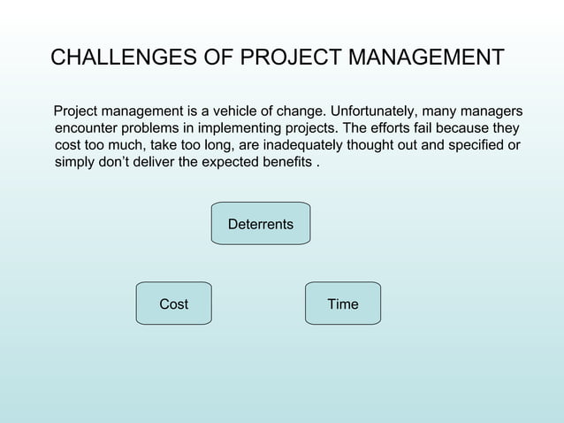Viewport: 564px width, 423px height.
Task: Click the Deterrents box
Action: click(x=260, y=224)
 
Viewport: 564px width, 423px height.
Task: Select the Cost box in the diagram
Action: click(x=173, y=304)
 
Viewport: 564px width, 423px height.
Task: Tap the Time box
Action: click(x=342, y=304)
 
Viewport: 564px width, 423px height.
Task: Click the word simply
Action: click(x=73, y=163)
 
